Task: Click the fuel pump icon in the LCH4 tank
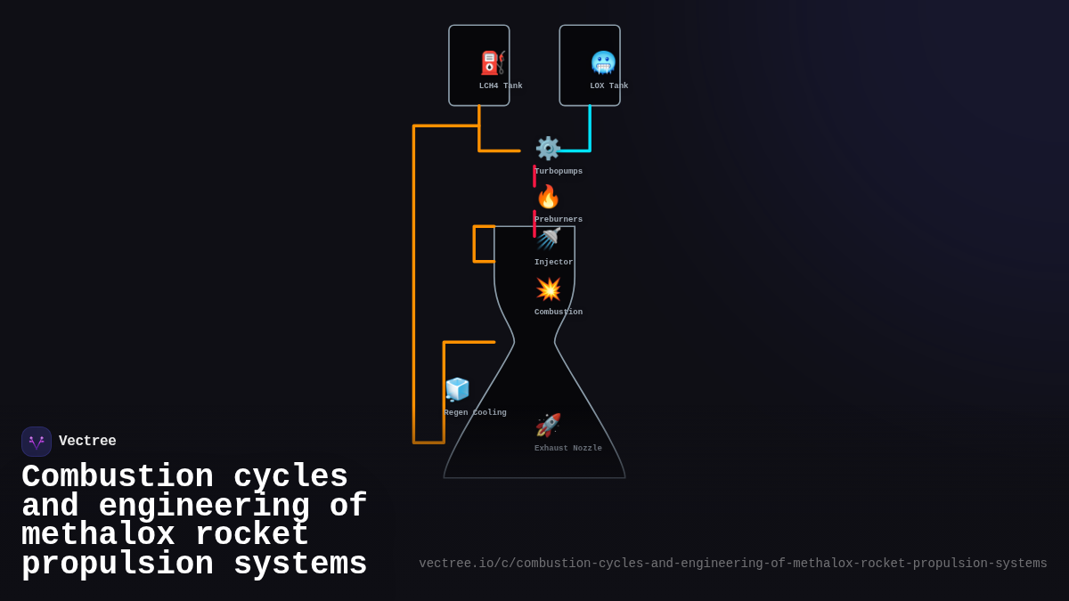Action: (x=493, y=63)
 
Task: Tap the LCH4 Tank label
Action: (x=501, y=86)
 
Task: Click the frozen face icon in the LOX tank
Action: (x=603, y=63)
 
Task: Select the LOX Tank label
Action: (x=608, y=86)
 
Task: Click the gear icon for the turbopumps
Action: (x=547, y=148)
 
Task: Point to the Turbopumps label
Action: (x=559, y=172)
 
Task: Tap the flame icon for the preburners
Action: (x=548, y=197)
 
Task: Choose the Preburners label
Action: (x=559, y=220)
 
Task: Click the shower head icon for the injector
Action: (x=548, y=239)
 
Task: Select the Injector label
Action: (x=553, y=263)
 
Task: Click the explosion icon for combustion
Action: (x=548, y=289)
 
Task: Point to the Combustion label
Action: (x=559, y=313)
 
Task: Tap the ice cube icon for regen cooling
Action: (x=457, y=390)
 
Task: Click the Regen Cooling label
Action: (x=475, y=413)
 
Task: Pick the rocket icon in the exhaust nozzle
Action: (x=548, y=426)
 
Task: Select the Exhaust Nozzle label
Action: (x=568, y=449)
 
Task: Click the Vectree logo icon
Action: (x=37, y=442)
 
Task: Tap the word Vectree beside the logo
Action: (x=87, y=442)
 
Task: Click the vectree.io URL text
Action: (x=732, y=564)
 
